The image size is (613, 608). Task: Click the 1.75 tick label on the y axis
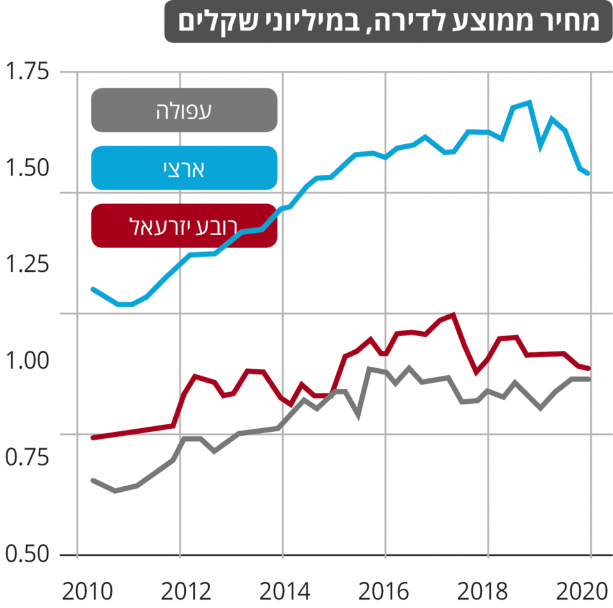pyautogui.click(x=27, y=71)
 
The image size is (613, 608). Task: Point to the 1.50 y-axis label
pyautogui.click(x=27, y=168)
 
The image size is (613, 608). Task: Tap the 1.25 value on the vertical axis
pyautogui.click(x=27, y=264)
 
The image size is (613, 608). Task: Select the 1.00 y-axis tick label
pyautogui.click(x=27, y=360)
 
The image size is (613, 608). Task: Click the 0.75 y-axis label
pyautogui.click(x=27, y=457)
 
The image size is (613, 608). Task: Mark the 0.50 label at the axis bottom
pyautogui.click(x=27, y=554)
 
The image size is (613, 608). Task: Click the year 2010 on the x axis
pyautogui.click(x=87, y=591)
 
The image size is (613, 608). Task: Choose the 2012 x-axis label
pyautogui.click(x=186, y=591)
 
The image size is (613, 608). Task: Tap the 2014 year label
pyautogui.click(x=285, y=591)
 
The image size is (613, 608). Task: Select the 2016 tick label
pyautogui.click(x=384, y=591)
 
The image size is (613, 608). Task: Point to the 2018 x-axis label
pyautogui.click(x=483, y=591)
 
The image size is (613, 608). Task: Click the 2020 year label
pyautogui.click(x=582, y=591)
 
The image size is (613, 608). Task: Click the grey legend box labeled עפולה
pyautogui.click(x=184, y=110)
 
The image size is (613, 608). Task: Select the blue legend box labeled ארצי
pyautogui.click(x=184, y=168)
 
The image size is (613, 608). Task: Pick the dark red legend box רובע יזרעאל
pyautogui.click(x=184, y=226)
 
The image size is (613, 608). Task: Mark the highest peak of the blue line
pyautogui.click(x=529, y=102)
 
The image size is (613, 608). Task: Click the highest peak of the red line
pyautogui.click(x=453, y=315)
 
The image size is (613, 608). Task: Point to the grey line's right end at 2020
pyautogui.click(x=588, y=379)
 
